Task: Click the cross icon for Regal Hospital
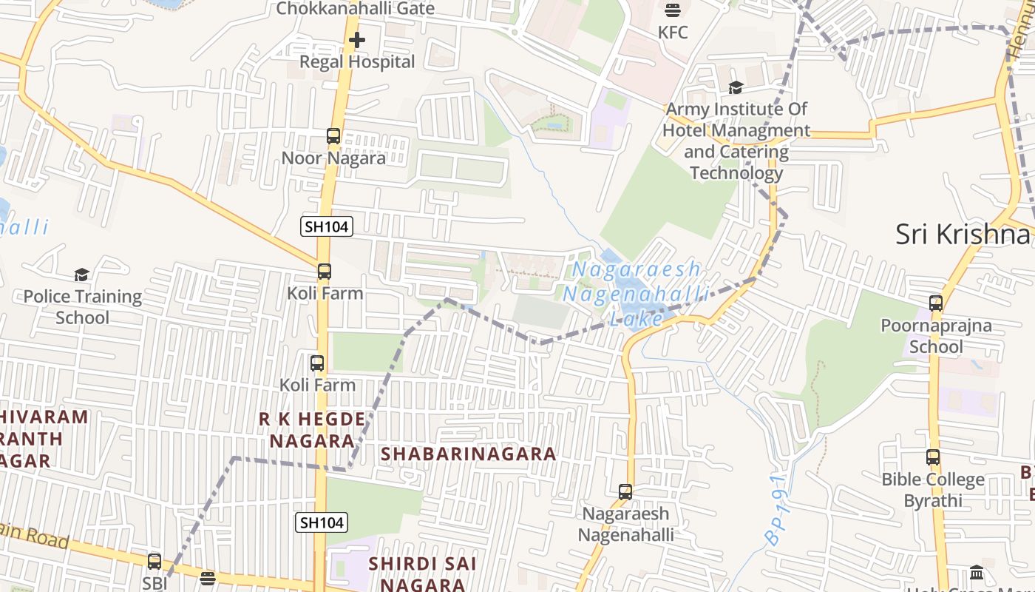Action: pyautogui.click(x=357, y=39)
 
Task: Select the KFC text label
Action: pyautogui.click(x=673, y=33)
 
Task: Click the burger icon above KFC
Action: pyautogui.click(x=673, y=10)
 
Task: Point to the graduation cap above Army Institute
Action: pyautogui.click(x=736, y=88)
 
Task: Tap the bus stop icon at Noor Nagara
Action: pyautogui.click(x=333, y=136)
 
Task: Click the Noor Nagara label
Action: pyautogui.click(x=333, y=158)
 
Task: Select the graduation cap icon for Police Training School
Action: pyautogui.click(x=81, y=275)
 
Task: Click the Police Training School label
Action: pyautogui.click(x=83, y=307)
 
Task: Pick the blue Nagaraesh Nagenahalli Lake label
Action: pyautogui.click(x=635, y=294)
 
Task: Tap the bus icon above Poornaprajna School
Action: pyautogui.click(x=936, y=303)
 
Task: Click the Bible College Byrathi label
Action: pyautogui.click(x=933, y=490)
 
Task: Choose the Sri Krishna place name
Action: pyautogui.click(x=963, y=234)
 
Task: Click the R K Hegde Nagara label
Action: pyautogui.click(x=312, y=430)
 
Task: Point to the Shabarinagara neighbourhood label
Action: pyautogui.click(x=468, y=454)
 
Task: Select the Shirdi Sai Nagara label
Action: pyautogui.click(x=422, y=573)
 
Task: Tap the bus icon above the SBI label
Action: pyautogui.click(x=155, y=562)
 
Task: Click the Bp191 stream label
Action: pyautogui.click(x=777, y=510)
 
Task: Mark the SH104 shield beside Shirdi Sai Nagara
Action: pyautogui.click(x=322, y=522)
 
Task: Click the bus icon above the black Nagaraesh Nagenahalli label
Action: pyautogui.click(x=625, y=492)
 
